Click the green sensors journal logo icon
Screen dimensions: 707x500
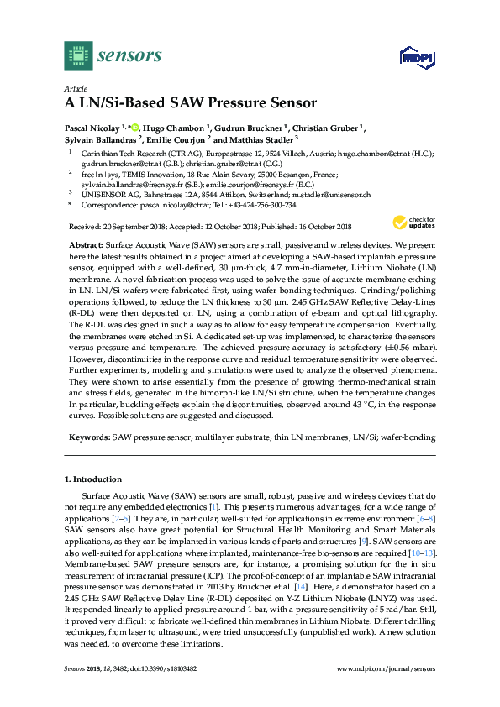pyautogui.click(x=77, y=55)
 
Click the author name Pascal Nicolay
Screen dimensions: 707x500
pyautogui.click(x=92, y=128)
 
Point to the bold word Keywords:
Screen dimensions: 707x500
pyautogui.click(x=89, y=437)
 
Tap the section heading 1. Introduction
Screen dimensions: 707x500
pyautogui.click(x=93, y=479)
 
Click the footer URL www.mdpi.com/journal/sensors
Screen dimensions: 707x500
pyautogui.click(x=386, y=668)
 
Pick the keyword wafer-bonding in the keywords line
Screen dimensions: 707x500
pyautogui.click(x=411, y=437)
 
